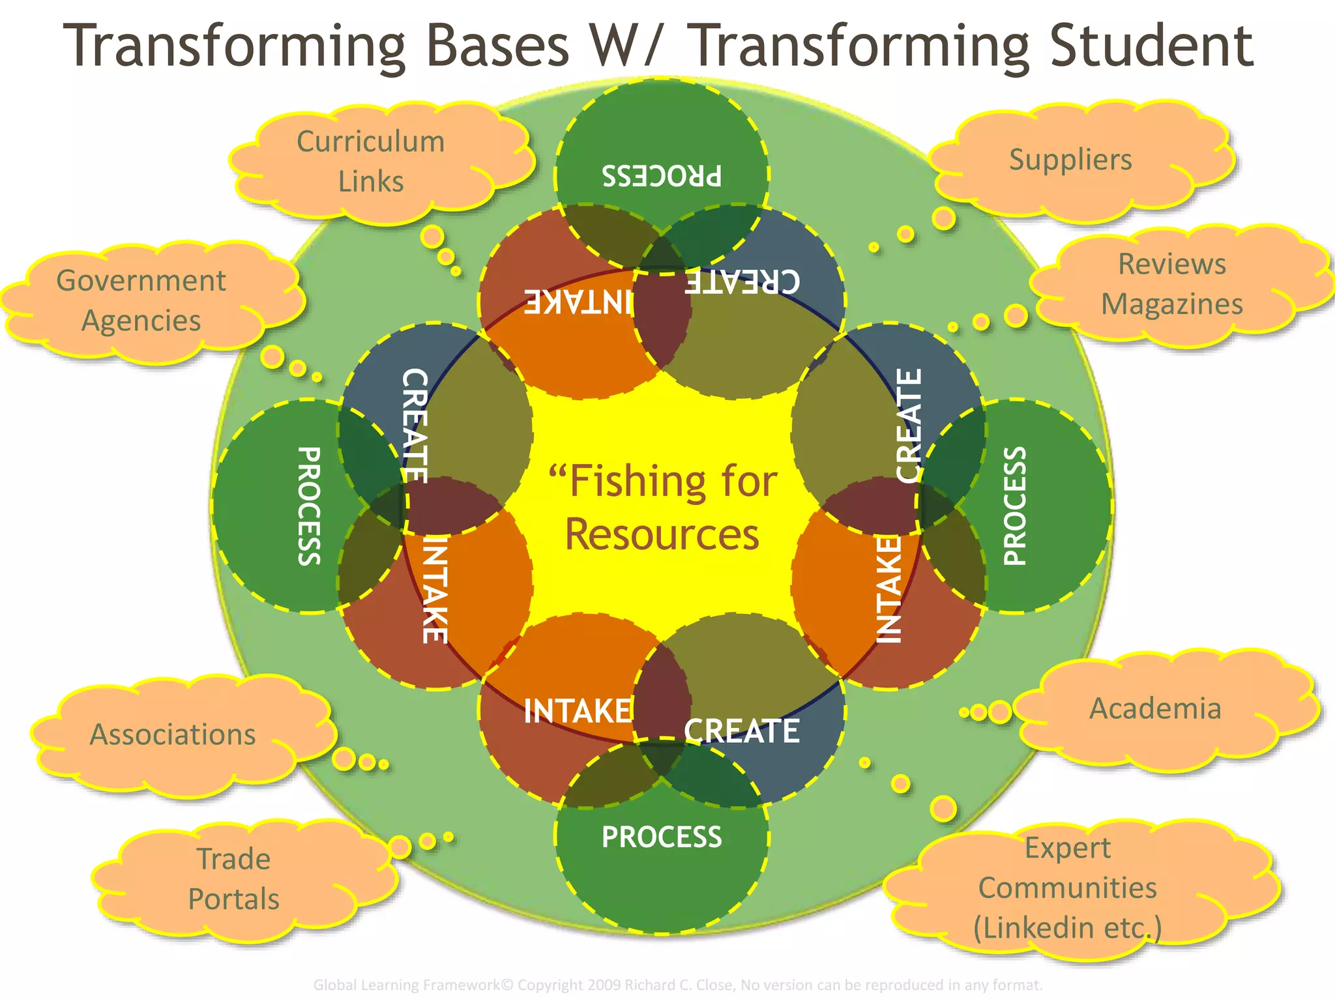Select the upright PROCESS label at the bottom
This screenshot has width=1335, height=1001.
pos(662,837)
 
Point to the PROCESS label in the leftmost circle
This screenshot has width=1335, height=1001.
pos(309,506)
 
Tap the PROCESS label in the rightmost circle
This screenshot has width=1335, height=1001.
pos(1014,506)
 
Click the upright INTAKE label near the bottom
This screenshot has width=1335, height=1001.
pos(578,711)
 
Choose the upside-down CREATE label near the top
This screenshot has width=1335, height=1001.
pos(742,282)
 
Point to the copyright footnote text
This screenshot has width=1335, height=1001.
pos(678,985)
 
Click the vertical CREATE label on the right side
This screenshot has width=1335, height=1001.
pos(909,426)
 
